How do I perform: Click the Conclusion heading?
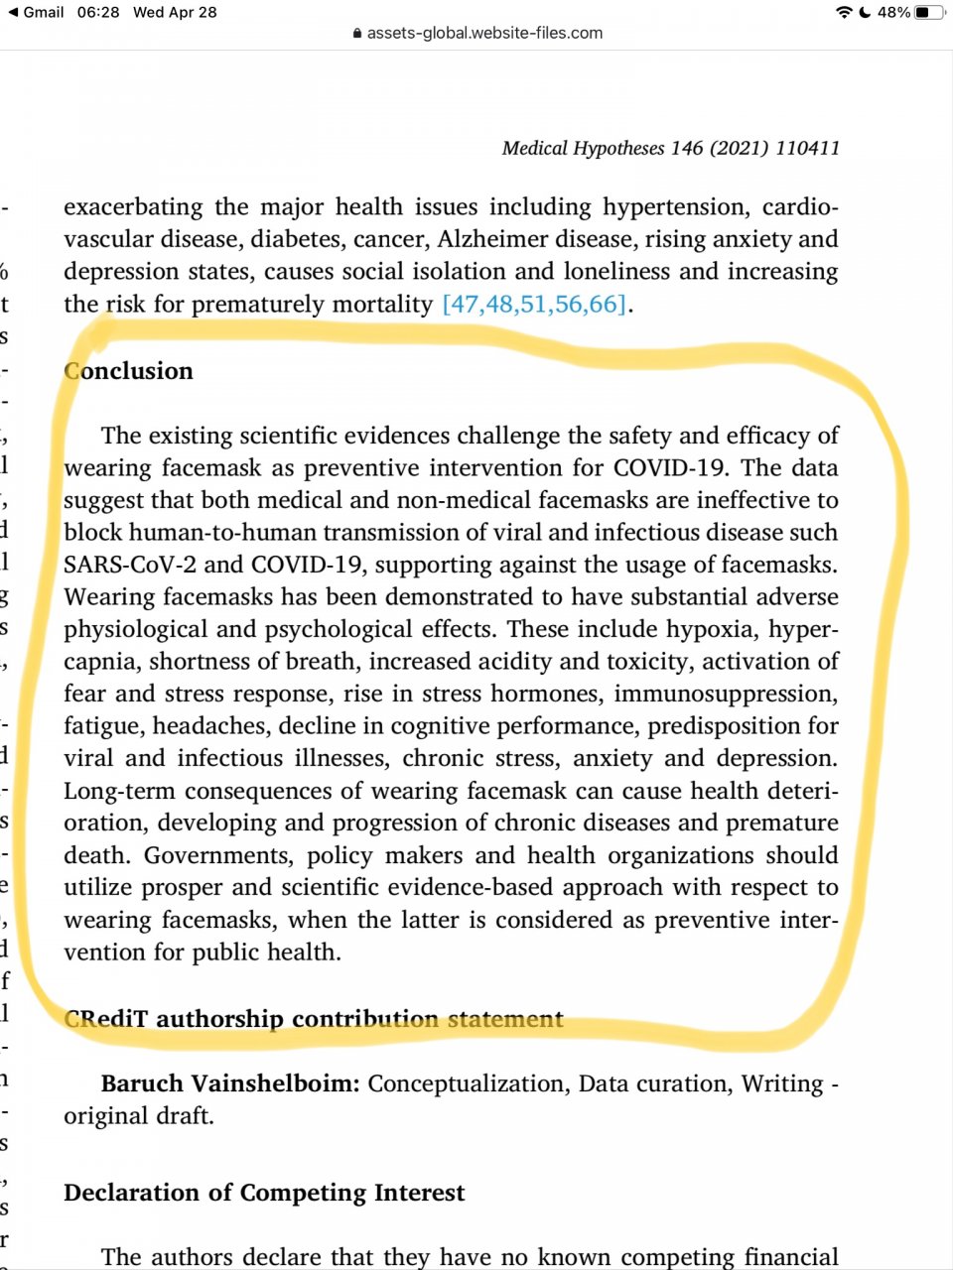point(128,371)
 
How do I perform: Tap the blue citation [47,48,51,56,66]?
point(534,304)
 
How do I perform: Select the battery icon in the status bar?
point(929,13)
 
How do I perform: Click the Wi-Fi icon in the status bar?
point(844,13)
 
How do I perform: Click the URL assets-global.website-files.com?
point(484,33)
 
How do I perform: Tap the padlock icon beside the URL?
point(357,33)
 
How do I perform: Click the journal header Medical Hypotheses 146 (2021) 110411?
point(670,148)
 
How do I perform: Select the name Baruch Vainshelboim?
point(229,1083)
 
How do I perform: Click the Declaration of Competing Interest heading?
point(264,1193)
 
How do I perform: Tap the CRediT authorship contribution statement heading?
point(313,1019)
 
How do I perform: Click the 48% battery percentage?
point(893,13)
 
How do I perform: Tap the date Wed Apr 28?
point(175,12)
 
